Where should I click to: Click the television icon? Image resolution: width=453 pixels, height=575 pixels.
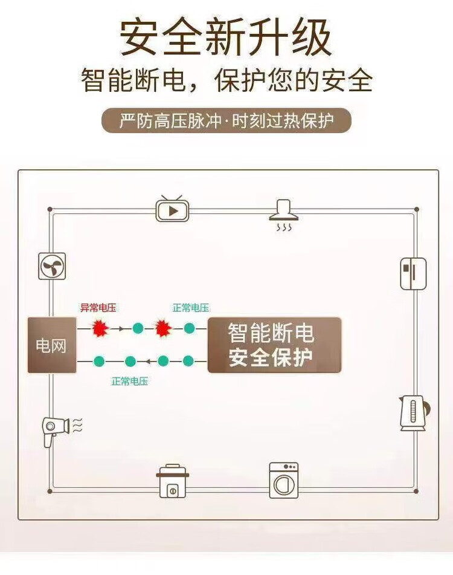coord(173,209)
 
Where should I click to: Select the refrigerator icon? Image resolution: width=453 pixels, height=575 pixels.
coord(414,274)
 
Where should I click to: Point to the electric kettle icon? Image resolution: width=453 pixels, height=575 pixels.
coord(413,413)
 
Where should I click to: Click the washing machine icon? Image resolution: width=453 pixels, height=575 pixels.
coord(283,480)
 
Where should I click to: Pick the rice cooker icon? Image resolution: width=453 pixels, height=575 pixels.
coord(173,481)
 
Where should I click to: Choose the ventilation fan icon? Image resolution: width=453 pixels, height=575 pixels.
coord(52,266)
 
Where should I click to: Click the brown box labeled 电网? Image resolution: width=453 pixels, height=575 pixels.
coord(52,345)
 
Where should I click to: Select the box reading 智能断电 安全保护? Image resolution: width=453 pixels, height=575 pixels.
coord(275,345)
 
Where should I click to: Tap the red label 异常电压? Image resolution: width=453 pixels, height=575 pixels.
coord(98,308)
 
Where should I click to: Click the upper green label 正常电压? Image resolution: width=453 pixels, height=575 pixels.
coord(191,308)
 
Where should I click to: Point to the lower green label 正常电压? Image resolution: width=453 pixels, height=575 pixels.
coord(129,382)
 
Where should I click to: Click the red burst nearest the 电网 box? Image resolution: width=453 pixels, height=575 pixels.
coord(99,328)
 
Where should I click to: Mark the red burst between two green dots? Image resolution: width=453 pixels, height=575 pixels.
coord(163,328)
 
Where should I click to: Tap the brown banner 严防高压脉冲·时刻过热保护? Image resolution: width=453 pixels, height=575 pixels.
coord(226,121)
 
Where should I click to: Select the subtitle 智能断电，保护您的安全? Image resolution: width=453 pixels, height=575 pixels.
coord(226,80)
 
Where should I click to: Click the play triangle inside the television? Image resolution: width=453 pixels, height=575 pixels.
coord(174,211)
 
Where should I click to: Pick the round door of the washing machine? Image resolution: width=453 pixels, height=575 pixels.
coord(283,484)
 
